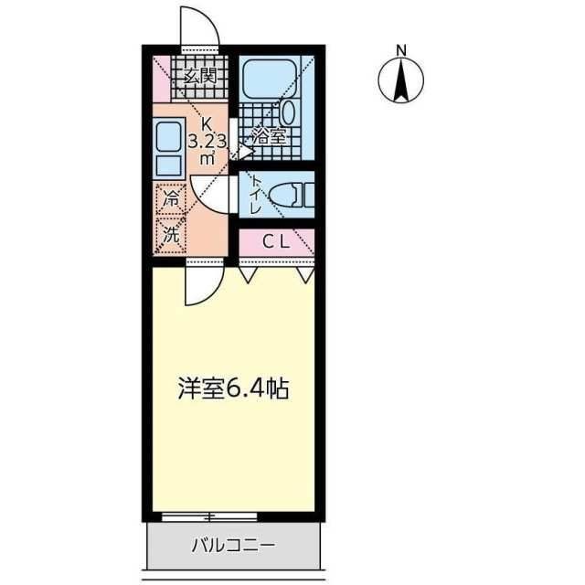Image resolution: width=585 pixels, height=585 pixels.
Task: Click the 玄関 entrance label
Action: click(199, 76)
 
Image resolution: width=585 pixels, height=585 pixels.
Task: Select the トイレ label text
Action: click(255, 194)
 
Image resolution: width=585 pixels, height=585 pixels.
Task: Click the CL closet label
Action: click(276, 242)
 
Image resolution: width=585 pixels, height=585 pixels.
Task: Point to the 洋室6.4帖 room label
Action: click(233, 389)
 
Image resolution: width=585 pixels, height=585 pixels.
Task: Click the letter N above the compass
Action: click(400, 50)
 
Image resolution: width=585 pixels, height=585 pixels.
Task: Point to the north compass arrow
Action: click(400, 80)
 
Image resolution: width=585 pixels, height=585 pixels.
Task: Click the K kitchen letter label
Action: click(207, 124)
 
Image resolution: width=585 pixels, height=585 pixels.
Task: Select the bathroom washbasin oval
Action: click(289, 114)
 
